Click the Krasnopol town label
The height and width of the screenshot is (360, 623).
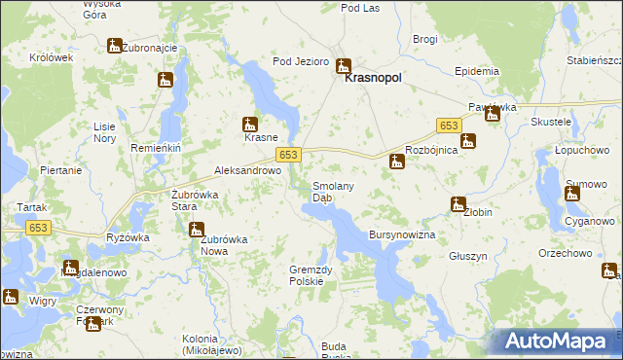point(374,84)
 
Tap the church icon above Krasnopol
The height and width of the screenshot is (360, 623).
point(343,66)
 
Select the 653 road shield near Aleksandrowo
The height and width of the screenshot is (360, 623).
point(288,155)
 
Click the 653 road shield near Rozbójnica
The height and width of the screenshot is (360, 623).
point(449,126)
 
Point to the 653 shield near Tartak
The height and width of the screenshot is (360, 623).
point(38,227)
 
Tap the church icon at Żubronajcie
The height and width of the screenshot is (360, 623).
point(114,46)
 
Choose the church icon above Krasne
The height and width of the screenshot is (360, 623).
point(250,124)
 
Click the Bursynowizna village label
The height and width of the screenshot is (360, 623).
point(401,235)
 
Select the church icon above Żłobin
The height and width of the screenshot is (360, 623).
point(458,204)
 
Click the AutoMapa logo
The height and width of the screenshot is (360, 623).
point(559,340)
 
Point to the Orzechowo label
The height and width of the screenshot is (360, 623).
point(565,253)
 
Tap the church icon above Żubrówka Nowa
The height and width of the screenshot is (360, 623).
point(196,231)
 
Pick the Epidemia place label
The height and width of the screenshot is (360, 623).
point(477,72)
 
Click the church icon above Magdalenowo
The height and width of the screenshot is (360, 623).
point(70,267)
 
